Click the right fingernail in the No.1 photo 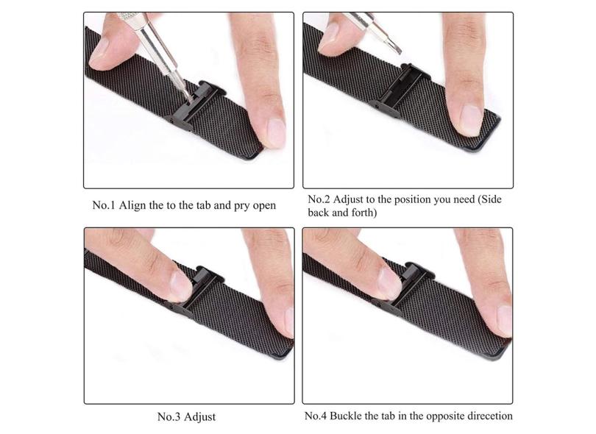coord(275,132)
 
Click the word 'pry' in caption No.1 coord(235,205)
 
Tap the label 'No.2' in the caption coord(319,199)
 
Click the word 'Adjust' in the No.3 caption coord(200,417)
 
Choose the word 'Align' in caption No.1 coord(132,205)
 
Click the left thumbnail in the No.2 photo coord(329,36)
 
